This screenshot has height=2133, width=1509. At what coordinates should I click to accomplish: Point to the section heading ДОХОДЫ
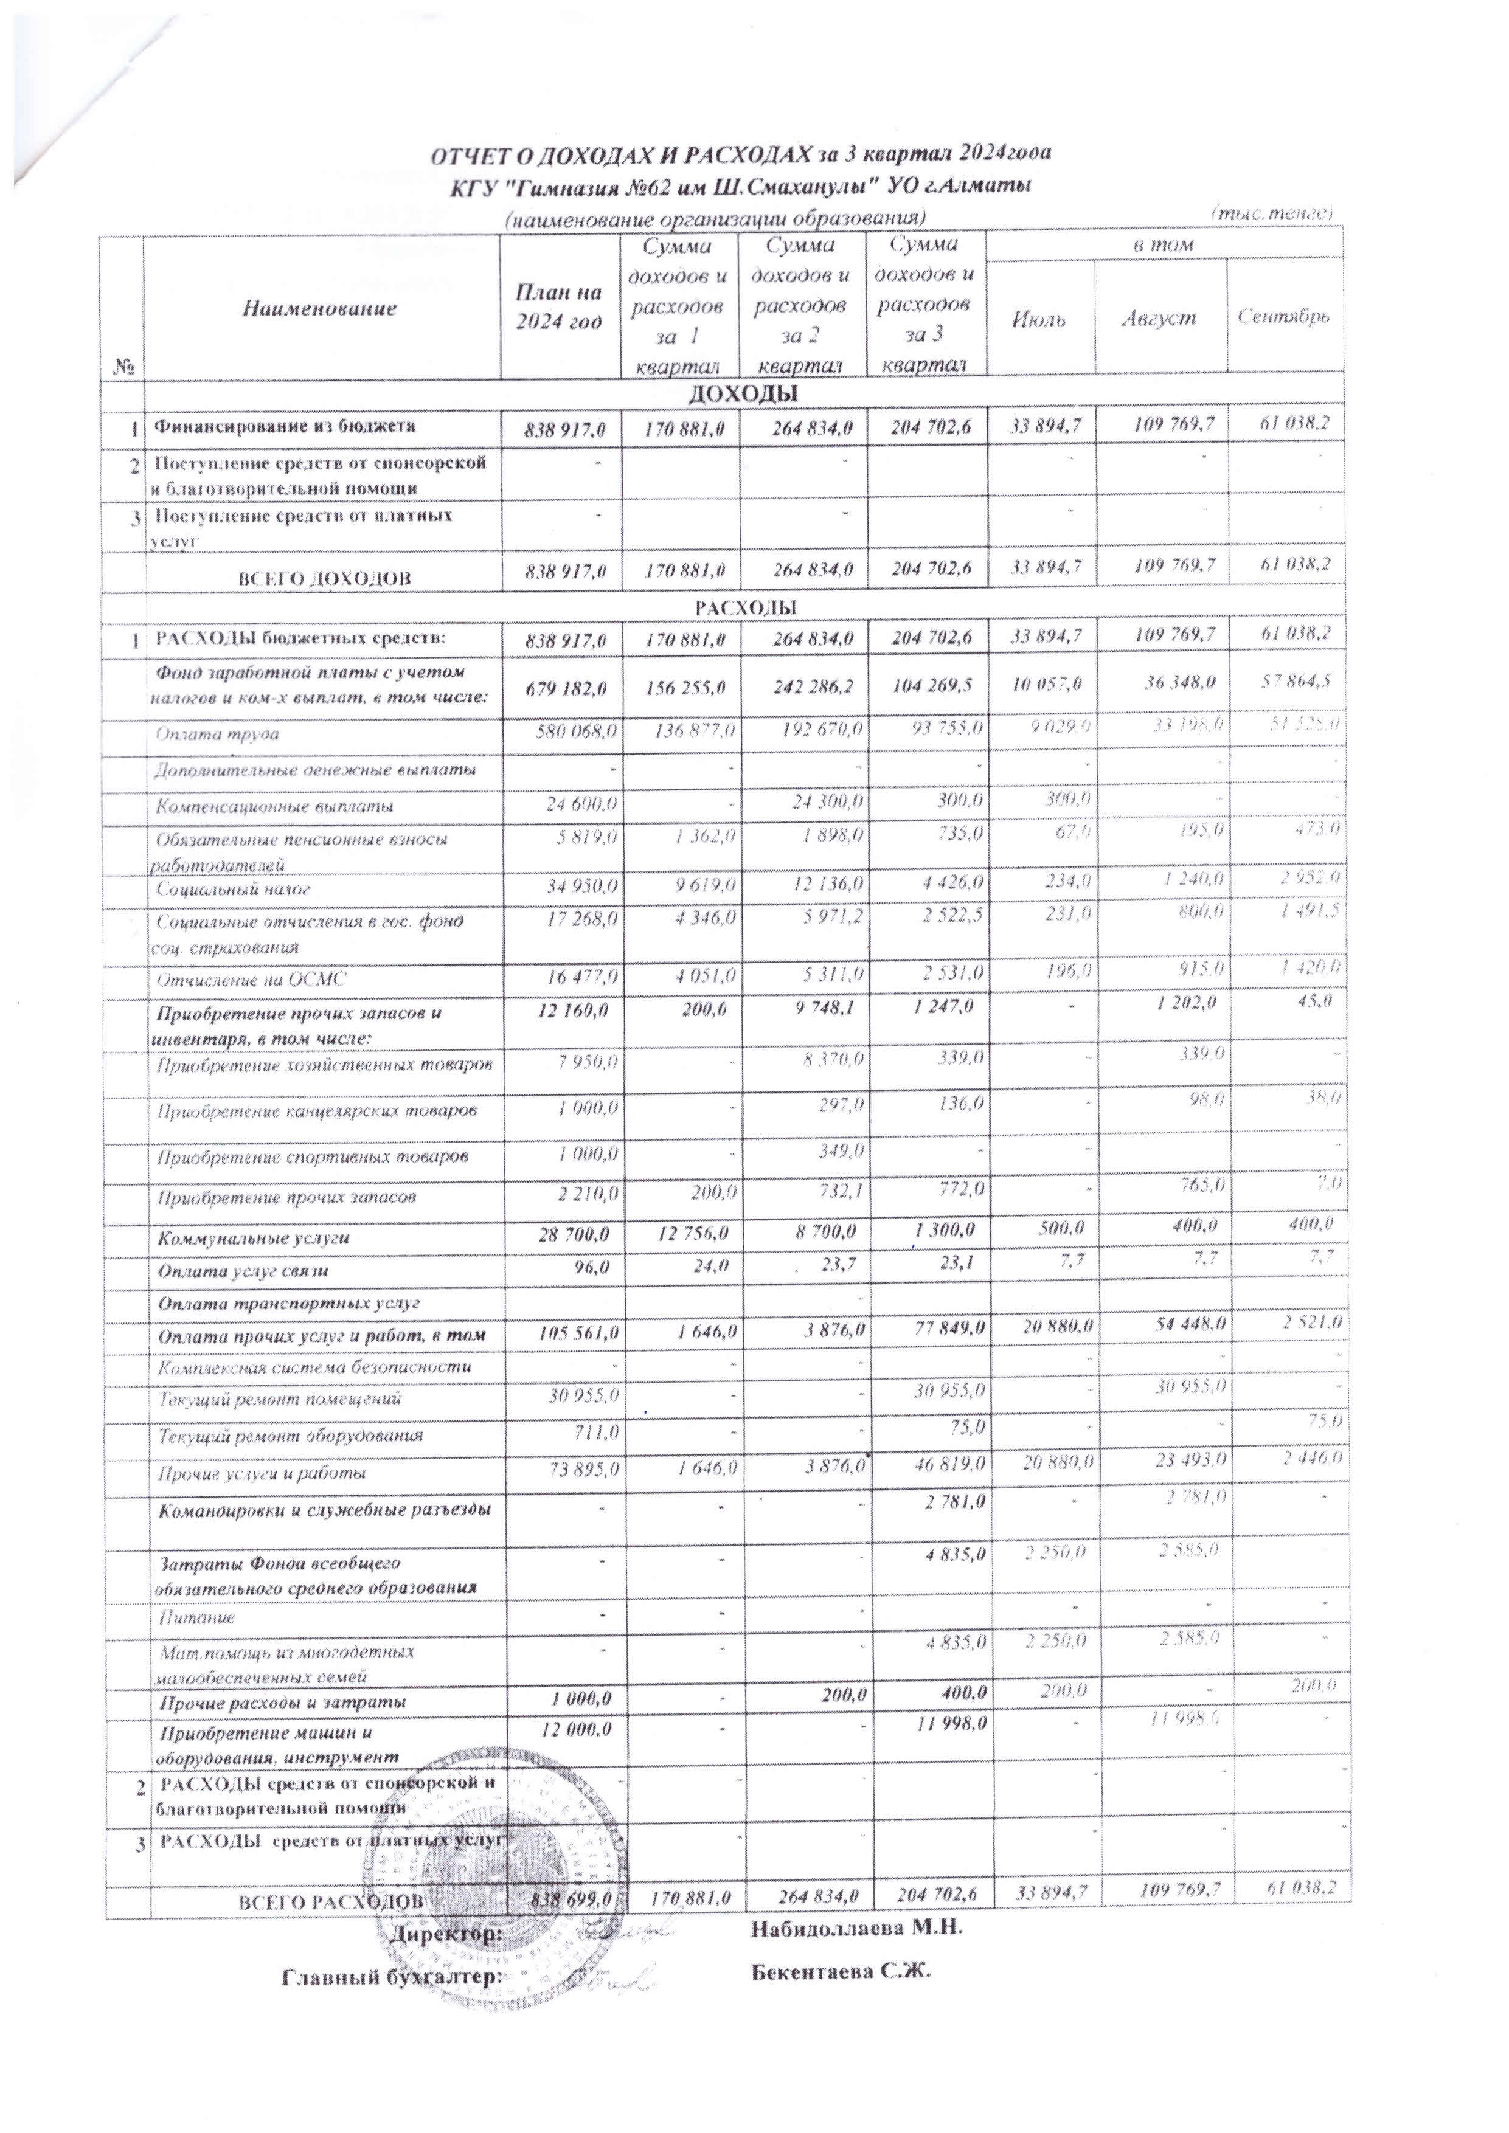click(x=743, y=394)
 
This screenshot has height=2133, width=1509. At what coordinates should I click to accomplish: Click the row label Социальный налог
click(x=233, y=889)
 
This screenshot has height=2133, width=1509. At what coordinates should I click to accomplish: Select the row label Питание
click(x=195, y=1617)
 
